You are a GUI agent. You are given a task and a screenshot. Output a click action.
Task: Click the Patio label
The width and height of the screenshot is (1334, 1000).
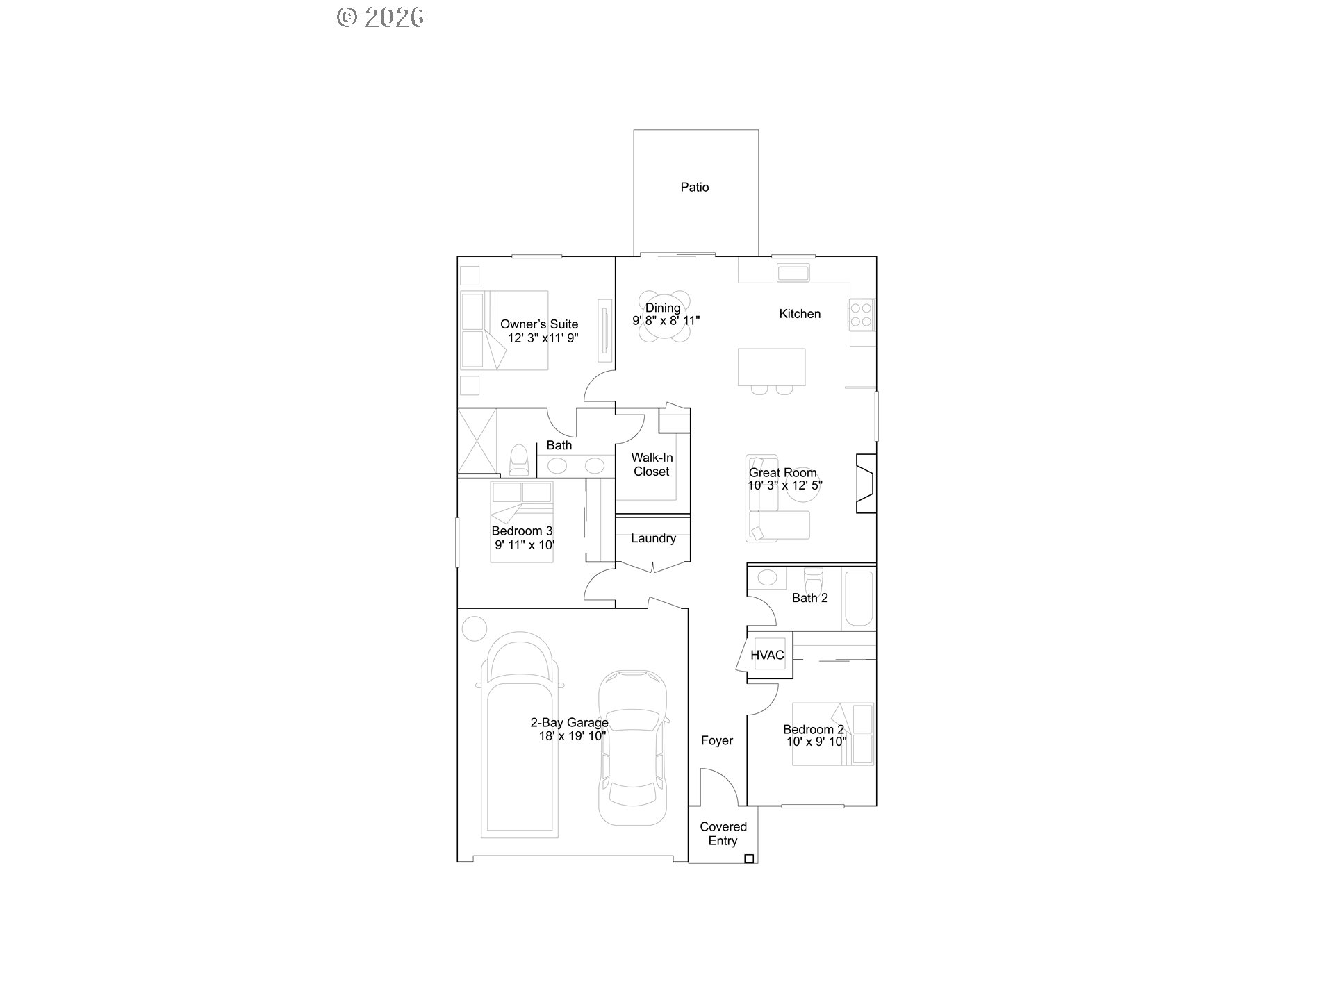695,187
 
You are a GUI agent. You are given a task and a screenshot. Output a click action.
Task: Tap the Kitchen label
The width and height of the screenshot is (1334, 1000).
800,314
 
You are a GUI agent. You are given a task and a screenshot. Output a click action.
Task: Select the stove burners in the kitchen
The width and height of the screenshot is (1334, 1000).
862,315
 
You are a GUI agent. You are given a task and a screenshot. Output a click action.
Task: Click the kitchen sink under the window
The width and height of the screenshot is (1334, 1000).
793,272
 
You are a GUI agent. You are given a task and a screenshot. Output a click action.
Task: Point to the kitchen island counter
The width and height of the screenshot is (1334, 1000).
771,367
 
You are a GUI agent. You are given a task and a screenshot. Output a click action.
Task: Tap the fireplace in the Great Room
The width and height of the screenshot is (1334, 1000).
865,483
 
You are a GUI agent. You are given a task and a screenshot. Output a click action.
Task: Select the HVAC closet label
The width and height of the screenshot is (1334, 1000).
767,655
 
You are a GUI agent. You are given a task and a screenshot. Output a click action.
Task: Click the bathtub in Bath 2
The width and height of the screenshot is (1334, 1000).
858,598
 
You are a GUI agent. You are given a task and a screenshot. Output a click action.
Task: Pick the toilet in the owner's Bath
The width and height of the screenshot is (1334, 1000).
519,460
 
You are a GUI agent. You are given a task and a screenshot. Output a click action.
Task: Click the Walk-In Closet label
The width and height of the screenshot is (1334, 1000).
652,465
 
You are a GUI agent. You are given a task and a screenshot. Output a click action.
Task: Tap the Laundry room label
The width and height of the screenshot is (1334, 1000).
653,538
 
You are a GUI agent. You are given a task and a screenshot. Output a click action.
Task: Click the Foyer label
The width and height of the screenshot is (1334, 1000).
717,740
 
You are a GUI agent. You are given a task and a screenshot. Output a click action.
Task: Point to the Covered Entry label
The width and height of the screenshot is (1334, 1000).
723,833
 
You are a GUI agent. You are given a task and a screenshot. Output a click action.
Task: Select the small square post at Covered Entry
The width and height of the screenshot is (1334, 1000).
749,859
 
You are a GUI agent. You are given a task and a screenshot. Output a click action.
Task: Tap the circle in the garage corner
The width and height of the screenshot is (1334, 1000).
475,628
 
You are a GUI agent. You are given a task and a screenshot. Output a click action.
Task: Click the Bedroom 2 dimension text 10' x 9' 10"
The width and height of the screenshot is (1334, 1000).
816,742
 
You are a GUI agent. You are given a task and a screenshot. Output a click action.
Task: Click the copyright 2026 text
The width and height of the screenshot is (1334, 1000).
381,17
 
